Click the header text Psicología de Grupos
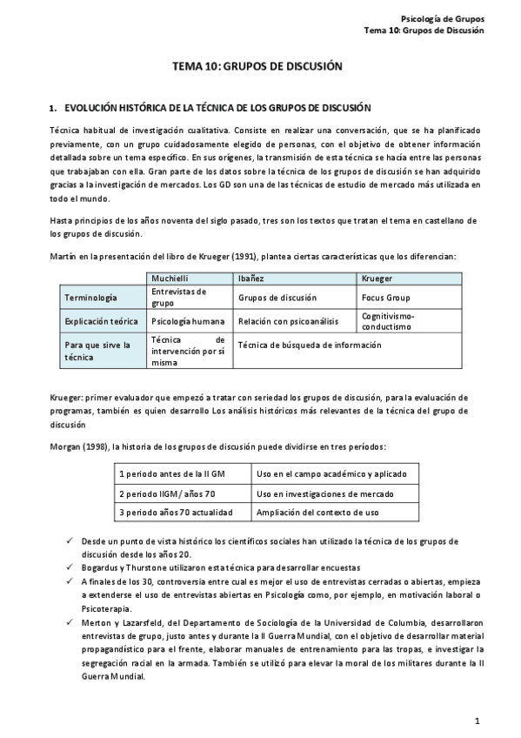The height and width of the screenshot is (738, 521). (x=441, y=18)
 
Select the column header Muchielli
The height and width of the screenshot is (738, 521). (x=171, y=278)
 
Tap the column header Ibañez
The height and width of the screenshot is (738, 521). (x=251, y=278)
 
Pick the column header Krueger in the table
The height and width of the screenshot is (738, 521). (x=377, y=278)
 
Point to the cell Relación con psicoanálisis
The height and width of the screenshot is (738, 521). (x=288, y=321)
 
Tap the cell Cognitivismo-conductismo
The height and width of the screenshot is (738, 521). (x=387, y=321)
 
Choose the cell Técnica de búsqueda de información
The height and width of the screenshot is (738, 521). (x=309, y=345)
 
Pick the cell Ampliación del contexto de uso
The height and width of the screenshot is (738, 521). (x=317, y=513)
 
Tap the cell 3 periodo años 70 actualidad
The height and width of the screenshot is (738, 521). (x=175, y=513)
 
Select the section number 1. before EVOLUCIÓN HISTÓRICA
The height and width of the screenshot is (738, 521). (x=54, y=108)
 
